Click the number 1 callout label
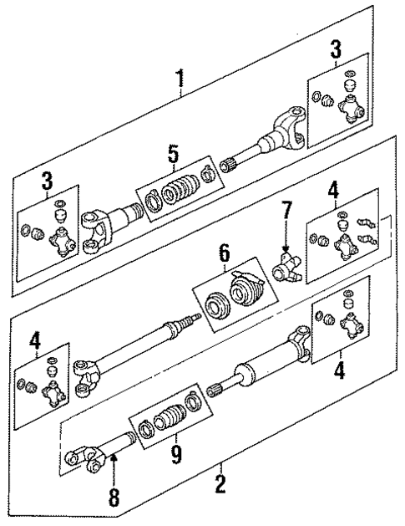click(178, 80)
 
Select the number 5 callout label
click(174, 154)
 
